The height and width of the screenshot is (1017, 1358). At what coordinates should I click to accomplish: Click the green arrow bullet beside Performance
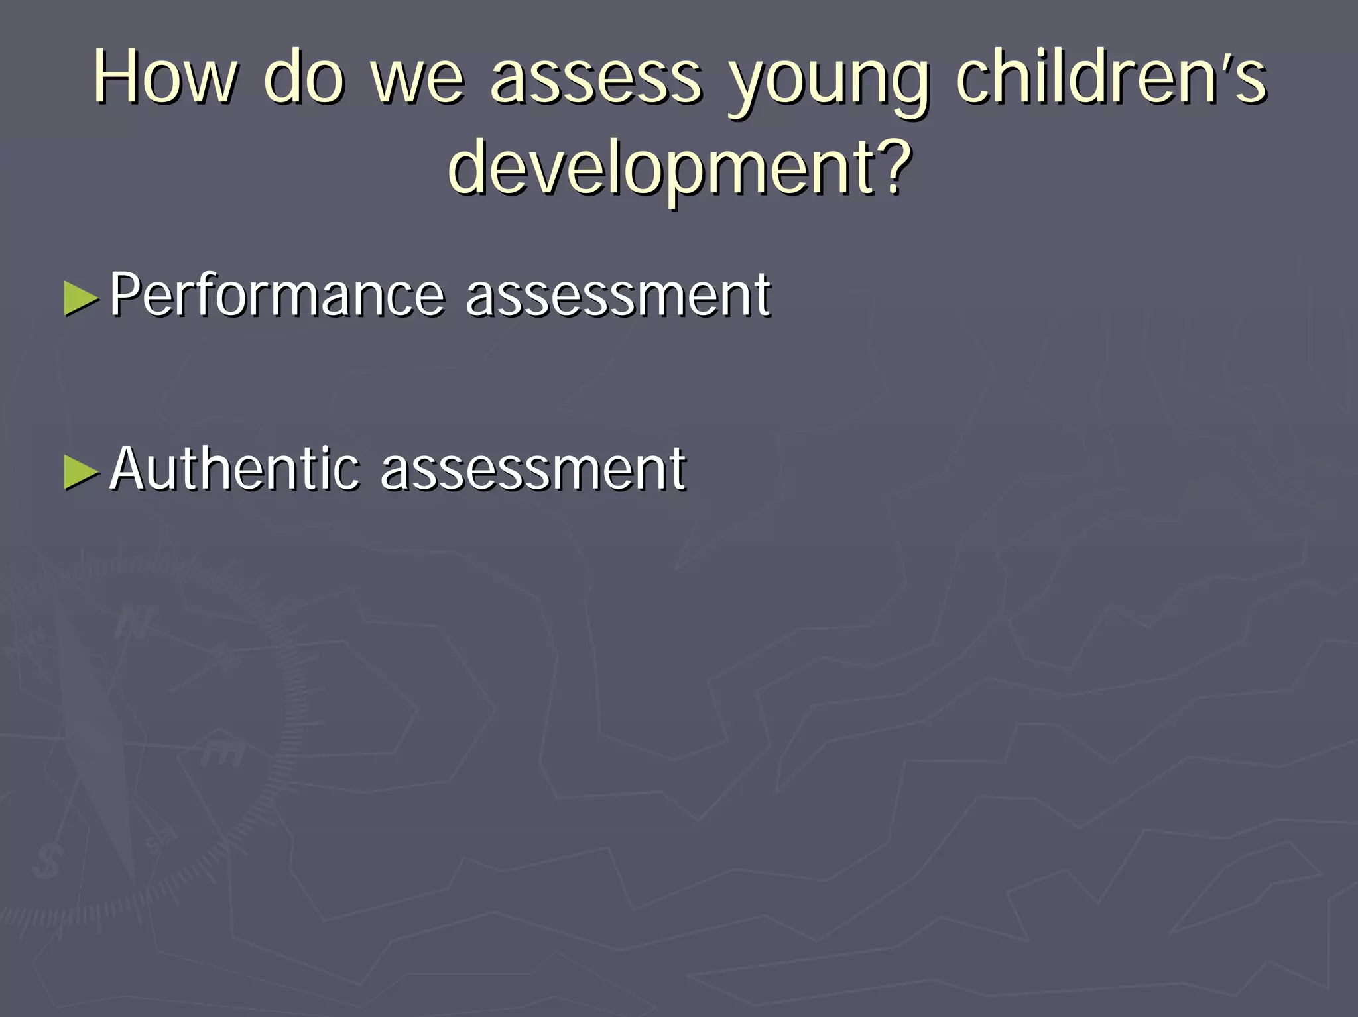tap(82, 297)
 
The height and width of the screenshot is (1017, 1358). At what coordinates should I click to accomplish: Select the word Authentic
tap(235, 468)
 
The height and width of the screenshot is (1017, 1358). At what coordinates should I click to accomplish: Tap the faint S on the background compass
tap(46, 862)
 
